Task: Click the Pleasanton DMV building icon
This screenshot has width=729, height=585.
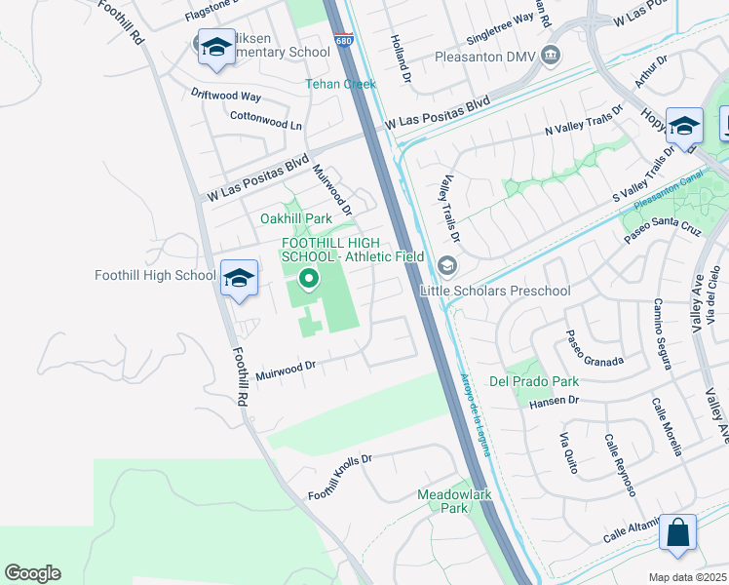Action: pos(553,53)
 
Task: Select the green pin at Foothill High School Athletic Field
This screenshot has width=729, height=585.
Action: pos(309,281)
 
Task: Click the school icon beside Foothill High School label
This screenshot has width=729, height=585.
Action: pos(239,278)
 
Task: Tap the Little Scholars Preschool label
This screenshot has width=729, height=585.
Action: pos(494,291)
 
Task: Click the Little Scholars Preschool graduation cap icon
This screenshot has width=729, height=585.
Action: pos(447,265)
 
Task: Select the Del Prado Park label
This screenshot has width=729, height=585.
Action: pos(534,381)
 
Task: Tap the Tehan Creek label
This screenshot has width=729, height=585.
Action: pos(341,84)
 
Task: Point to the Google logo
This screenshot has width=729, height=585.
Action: pos(32,573)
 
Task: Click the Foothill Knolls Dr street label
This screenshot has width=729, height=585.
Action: pos(340,478)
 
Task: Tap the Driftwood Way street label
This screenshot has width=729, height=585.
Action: pos(225,97)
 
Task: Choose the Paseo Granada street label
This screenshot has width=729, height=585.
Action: pos(595,349)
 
